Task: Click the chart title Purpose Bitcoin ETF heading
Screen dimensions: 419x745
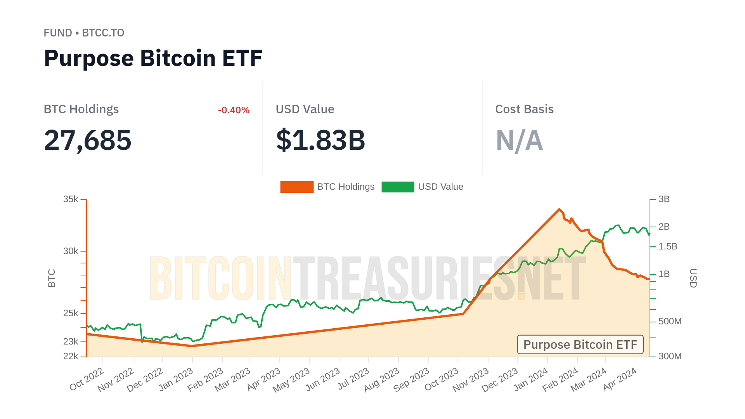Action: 153,58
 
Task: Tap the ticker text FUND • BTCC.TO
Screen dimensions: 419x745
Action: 84,33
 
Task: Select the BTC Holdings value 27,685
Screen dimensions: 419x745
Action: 88,140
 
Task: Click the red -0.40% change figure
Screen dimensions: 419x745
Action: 234,110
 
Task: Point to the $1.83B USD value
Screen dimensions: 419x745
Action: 321,140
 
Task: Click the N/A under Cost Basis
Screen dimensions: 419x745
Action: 519,140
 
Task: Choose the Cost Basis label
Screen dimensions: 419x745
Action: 524,109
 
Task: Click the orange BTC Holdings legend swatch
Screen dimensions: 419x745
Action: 297,187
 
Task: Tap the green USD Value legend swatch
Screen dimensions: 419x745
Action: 398,187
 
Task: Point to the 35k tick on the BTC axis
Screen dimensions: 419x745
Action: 71,199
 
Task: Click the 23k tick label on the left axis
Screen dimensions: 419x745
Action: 71,341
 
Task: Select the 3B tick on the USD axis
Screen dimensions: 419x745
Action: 664,199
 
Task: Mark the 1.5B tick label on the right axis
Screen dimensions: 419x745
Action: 667,246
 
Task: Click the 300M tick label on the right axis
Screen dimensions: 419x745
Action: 670,356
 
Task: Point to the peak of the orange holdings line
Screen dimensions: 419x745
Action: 559,209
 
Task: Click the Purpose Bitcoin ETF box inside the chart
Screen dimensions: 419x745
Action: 580,345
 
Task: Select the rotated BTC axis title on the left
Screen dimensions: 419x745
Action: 52,278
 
